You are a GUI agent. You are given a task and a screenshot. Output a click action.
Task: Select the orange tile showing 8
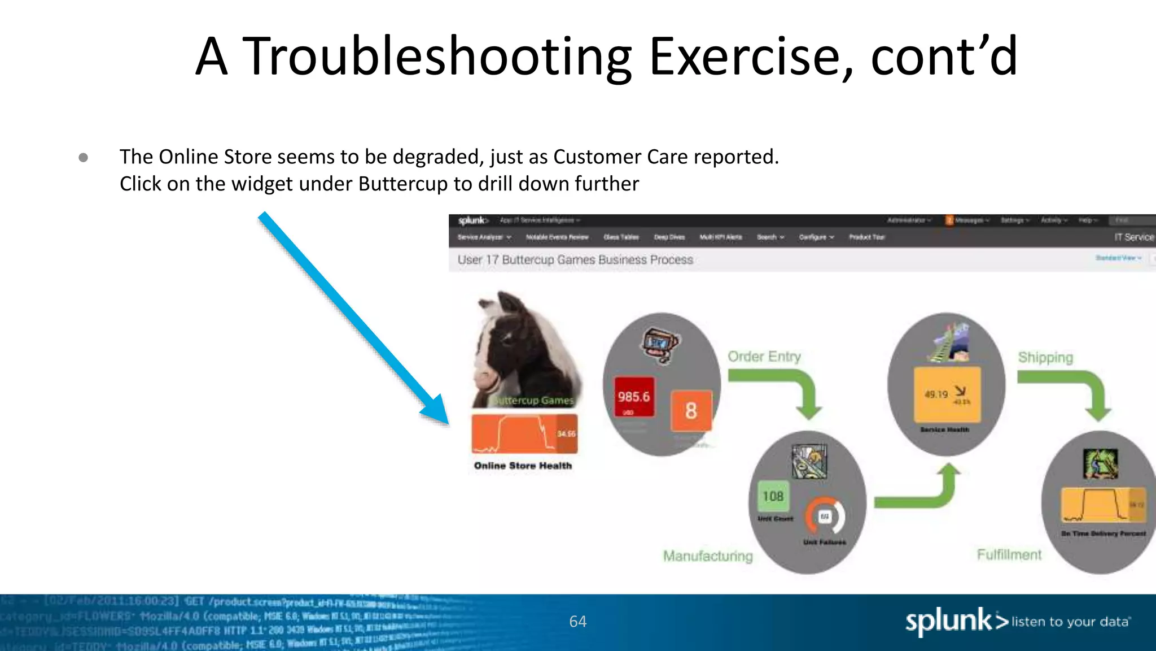691,411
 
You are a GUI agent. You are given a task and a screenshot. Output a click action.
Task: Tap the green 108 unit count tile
773,496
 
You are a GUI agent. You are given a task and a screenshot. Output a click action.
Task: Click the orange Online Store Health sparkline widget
524,434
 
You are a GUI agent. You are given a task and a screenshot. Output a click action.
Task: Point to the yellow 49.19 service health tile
947,394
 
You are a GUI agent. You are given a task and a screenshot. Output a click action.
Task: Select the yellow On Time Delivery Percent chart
1104,505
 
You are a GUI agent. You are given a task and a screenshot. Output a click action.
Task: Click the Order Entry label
764,357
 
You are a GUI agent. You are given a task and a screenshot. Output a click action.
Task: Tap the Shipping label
1045,358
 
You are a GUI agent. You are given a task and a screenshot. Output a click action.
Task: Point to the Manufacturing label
708,556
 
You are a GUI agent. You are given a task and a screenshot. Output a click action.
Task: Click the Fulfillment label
1009,555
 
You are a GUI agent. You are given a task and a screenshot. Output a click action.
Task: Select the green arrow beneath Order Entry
785,390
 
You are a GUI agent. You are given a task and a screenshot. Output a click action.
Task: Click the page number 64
578,622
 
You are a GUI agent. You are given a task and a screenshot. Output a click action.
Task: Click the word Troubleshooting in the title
436,57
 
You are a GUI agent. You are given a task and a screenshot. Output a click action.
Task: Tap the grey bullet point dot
84,157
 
